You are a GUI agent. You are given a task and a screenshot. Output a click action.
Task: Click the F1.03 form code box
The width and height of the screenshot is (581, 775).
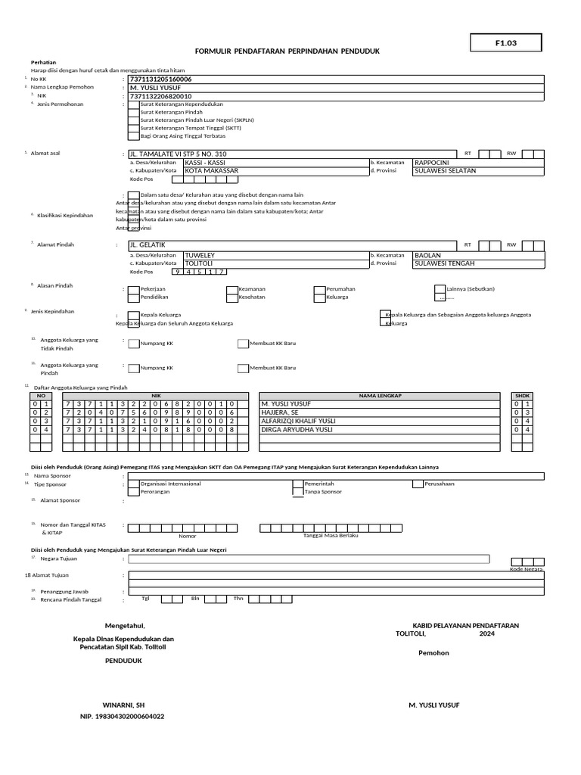tap(505, 43)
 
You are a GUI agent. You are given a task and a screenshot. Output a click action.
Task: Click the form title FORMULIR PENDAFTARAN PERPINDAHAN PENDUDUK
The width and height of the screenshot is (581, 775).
tap(287, 51)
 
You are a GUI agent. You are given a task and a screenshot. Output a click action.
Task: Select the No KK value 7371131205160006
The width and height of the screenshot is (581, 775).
tap(161, 79)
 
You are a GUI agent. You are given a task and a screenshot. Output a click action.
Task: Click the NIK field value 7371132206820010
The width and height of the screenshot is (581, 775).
tap(161, 96)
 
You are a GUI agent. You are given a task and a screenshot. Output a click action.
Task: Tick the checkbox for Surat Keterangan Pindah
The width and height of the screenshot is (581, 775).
tap(133, 111)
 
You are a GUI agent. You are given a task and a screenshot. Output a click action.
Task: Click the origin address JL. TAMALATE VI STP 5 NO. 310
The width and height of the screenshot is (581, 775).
tap(179, 154)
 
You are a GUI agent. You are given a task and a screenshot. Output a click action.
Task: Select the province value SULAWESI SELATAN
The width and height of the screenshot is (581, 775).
tap(445, 171)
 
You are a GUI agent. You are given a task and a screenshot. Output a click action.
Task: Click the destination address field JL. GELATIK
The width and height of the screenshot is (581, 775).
tap(148, 244)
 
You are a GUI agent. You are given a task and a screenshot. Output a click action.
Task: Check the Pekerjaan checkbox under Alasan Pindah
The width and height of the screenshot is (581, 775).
tap(133, 289)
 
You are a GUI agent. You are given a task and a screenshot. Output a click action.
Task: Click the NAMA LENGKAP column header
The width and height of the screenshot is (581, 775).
tap(379, 396)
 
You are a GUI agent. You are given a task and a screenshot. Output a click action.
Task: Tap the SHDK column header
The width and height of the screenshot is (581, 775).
tap(522, 396)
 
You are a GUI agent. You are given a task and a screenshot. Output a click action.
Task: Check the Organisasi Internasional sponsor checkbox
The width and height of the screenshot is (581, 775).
tap(133, 483)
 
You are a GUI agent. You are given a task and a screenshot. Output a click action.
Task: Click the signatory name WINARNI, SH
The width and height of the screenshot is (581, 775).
tap(123, 705)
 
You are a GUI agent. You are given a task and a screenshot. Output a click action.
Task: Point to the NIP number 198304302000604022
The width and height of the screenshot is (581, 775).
tap(123, 716)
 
